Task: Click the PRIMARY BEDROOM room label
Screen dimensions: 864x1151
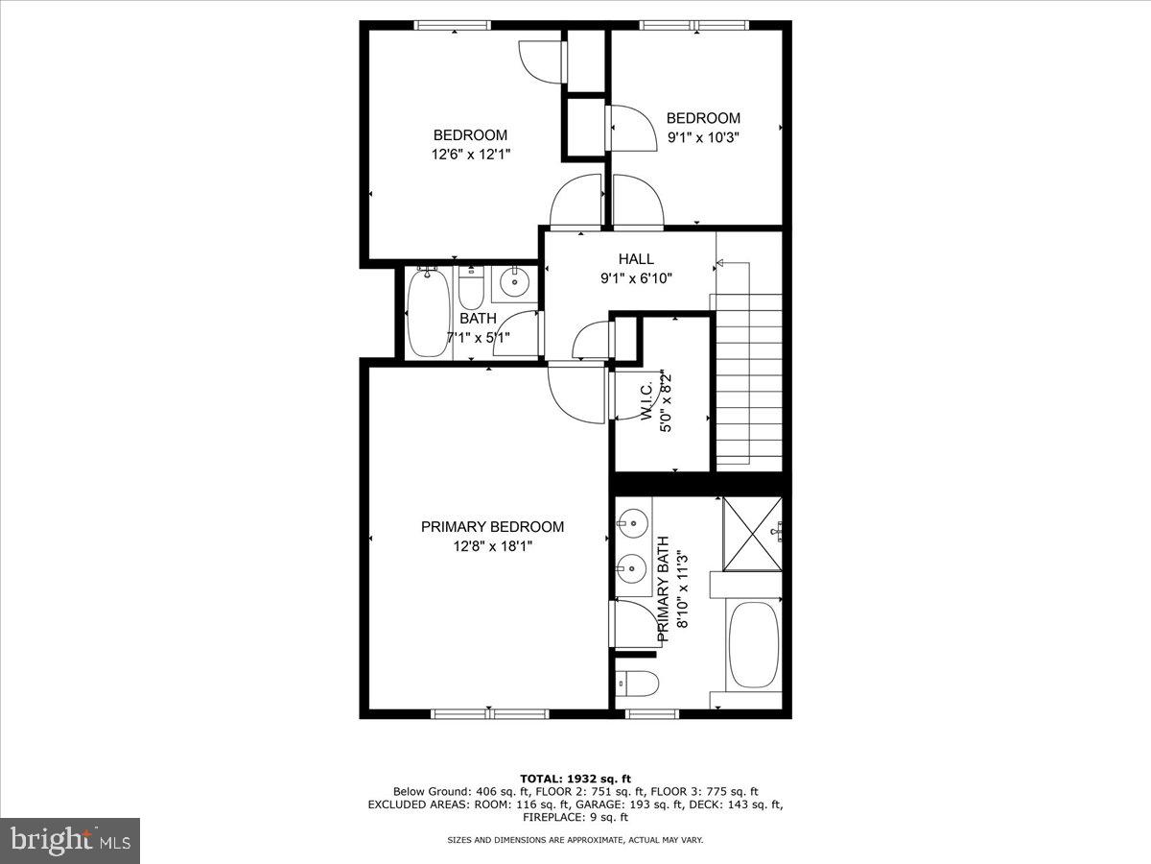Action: click(492, 527)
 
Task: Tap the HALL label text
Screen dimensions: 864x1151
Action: click(636, 259)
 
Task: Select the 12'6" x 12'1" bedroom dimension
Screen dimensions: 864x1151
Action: click(470, 155)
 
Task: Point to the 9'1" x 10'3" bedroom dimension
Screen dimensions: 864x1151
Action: click(703, 137)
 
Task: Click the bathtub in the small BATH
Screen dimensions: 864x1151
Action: click(427, 314)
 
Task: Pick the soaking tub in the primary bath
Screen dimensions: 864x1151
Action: click(753, 645)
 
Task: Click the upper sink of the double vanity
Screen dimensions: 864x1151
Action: click(632, 524)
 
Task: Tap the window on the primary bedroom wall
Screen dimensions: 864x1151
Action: click(489, 713)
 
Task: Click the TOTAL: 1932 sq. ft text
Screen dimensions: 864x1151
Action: click(575, 779)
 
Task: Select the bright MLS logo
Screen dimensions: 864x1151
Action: click(70, 841)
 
